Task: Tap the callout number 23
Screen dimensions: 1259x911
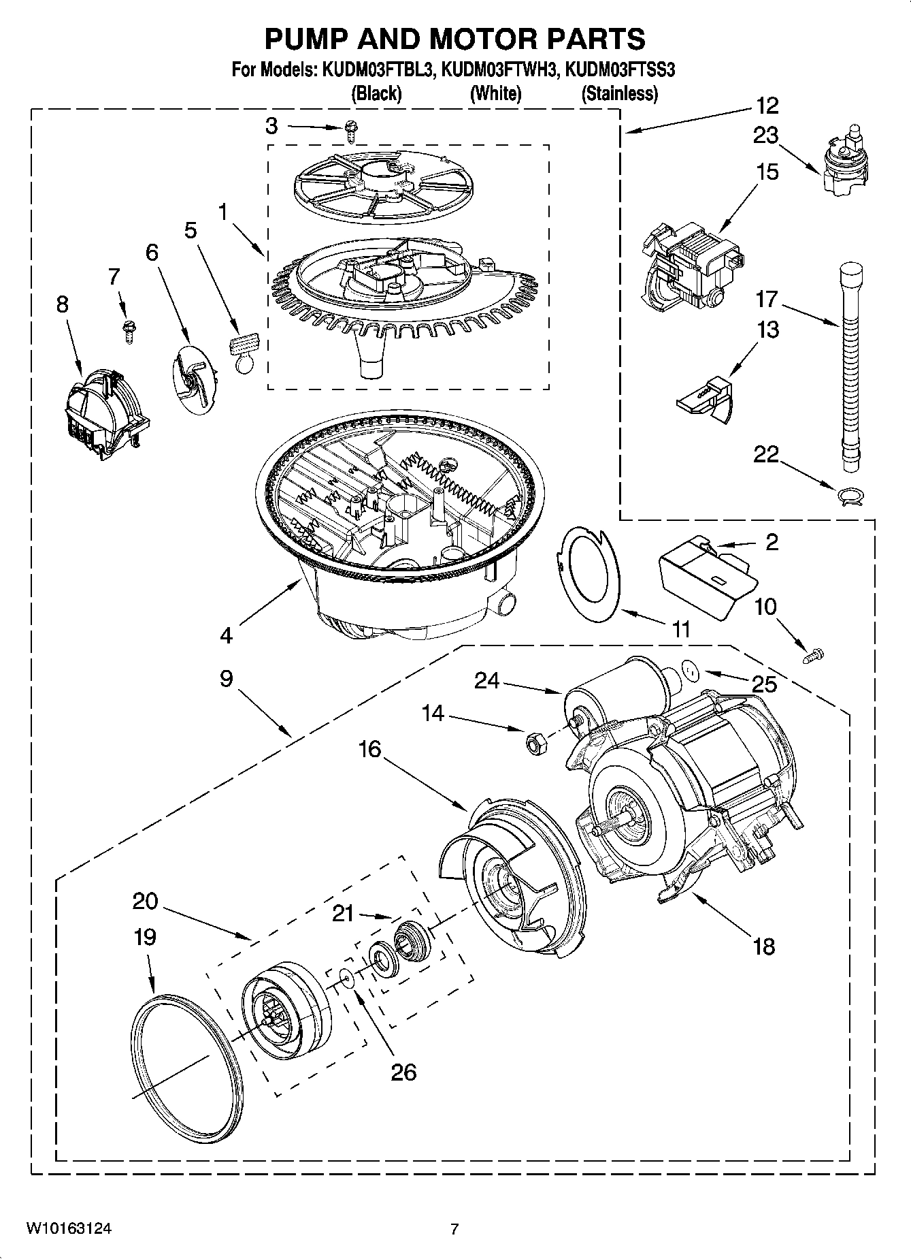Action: (766, 136)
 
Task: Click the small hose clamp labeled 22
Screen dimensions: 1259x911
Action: (850, 495)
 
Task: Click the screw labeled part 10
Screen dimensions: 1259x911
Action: (812, 656)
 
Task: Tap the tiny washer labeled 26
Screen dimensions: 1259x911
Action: (347, 978)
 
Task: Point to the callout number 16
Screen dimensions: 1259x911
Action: (370, 750)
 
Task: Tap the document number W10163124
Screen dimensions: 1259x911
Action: (69, 1229)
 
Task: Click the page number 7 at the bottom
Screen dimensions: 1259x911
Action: (454, 1229)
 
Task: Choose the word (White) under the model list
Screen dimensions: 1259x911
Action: (495, 94)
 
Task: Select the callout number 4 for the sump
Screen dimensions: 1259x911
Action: (226, 635)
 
